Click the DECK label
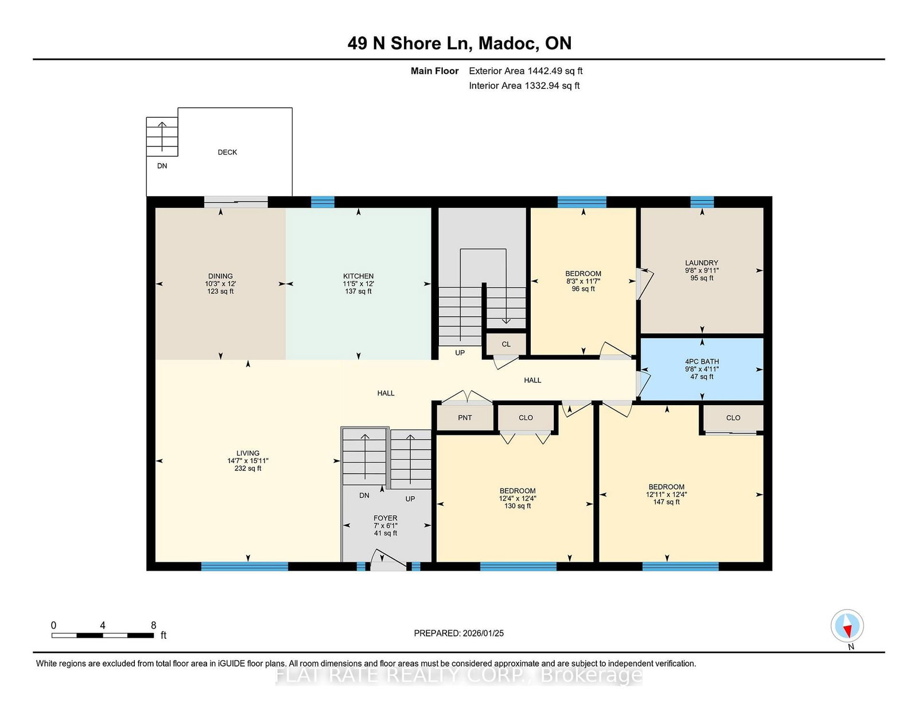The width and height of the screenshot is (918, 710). (x=227, y=152)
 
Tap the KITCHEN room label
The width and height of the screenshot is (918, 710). (x=358, y=276)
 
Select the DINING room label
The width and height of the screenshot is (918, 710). (x=220, y=276)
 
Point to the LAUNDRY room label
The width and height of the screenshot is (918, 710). (x=702, y=263)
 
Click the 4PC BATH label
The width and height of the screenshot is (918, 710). (x=702, y=362)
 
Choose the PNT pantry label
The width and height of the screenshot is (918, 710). (x=465, y=417)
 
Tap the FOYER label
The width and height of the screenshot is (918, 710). (x=386, y=518)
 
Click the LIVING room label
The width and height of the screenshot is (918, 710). (x=248, y=453)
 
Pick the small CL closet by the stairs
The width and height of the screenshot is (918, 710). (x=506, y=344)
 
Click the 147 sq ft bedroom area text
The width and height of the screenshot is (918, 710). (x=666, y=502)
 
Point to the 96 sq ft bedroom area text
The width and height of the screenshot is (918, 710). (x=583, y=289)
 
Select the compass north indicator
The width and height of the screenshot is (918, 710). (x=847, y=626)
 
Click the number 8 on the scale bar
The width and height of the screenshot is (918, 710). (x=153, y=625)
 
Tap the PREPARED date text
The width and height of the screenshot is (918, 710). (x=459, y=633)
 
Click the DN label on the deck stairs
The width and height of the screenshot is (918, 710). (x=162, y=166)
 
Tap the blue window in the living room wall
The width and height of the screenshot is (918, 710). (x=244, y=567)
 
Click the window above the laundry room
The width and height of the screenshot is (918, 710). (x=702, y=202)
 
